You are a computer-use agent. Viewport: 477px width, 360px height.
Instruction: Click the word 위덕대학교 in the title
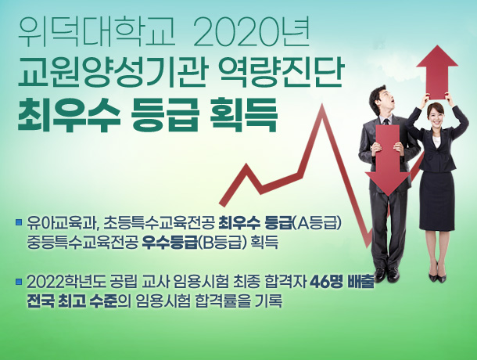click(x=97, y=33)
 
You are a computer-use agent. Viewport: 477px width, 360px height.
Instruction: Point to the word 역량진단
click(x=281, y=73)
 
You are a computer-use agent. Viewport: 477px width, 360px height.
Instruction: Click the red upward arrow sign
click(x=437, y=72)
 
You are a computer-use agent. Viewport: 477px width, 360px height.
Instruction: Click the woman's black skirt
click(x=437, y=200)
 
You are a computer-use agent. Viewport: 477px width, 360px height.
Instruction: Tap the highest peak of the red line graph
click(x=322, y=105)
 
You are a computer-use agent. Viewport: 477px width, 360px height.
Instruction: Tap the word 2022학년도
click(x=66, y=282)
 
